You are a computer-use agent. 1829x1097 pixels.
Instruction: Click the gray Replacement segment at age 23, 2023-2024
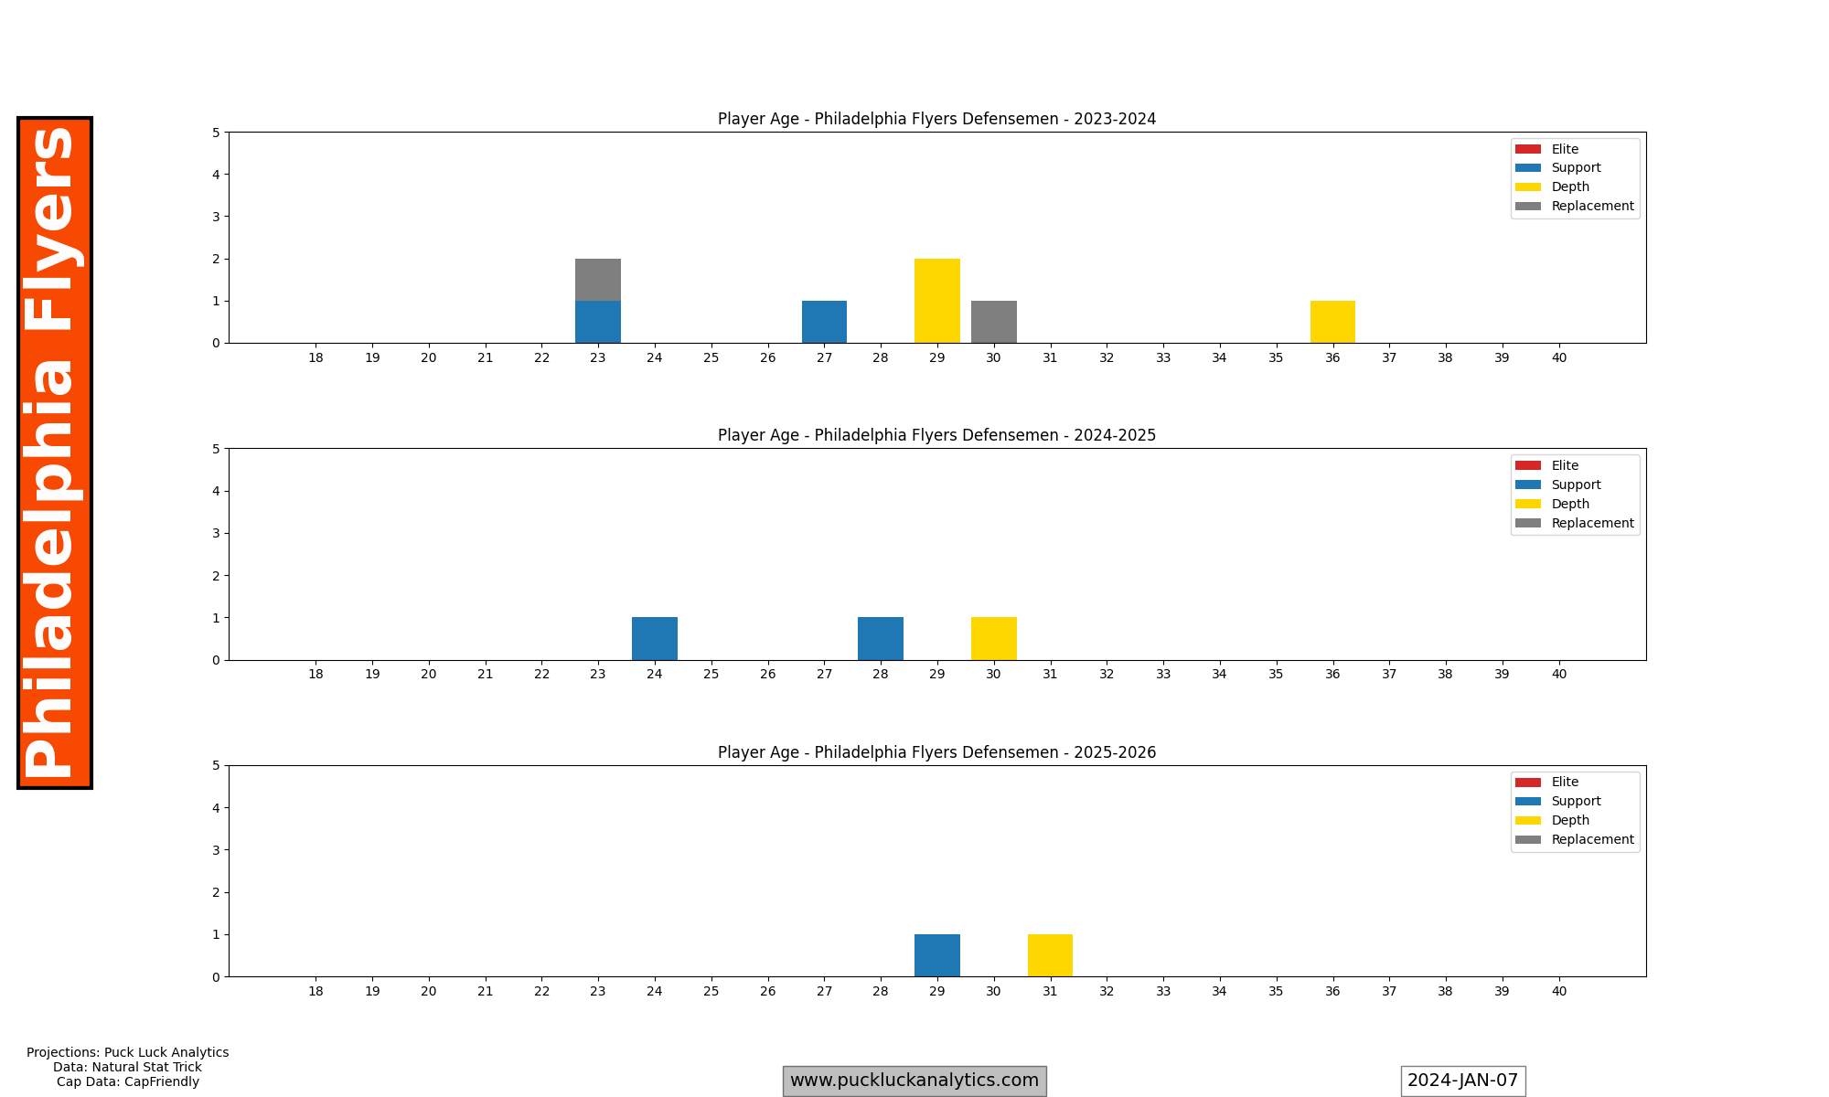click(598, 280)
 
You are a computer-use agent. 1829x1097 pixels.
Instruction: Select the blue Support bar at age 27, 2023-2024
click(824, 322)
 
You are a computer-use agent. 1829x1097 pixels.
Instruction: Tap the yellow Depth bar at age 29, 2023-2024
click(937, 301)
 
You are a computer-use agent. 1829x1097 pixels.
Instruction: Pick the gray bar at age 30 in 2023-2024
click(994, 322)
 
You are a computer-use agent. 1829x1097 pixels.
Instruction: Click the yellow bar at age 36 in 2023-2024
click(1332, 322)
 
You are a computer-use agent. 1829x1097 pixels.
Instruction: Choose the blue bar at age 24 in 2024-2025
click(655, 639)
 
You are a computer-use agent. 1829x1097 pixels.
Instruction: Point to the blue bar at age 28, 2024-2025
click(881, 639)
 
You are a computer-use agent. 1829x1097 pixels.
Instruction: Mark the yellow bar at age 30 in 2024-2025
click(994, 639)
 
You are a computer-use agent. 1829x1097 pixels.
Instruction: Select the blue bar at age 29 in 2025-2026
click(937, 955)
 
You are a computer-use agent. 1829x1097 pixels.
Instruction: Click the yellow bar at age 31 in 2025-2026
click(1050, 955)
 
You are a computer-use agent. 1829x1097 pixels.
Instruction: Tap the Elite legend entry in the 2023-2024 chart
click(1564, 149)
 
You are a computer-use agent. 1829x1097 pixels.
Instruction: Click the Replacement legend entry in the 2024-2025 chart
click(1591, 523)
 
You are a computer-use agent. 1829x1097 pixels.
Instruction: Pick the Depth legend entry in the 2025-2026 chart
click(1569, 820)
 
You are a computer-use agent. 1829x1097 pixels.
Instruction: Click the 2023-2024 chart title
click(936, 119)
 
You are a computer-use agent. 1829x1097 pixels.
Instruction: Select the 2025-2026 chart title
click(936, 752)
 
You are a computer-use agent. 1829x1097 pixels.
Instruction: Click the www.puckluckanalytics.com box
click(914, 1081)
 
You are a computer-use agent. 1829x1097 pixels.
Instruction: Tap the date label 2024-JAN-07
click(1462, 1081)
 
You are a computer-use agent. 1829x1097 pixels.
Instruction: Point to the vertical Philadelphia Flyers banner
click(54, 453)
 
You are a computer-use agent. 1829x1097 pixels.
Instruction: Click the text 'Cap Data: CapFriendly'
click(128, 1081)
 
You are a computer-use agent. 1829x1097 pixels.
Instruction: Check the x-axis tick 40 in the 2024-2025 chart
click(1559, 675)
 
